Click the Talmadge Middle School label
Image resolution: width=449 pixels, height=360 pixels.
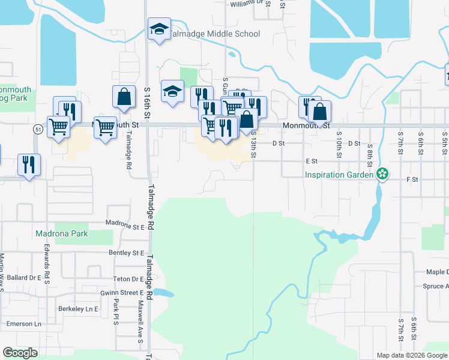(x=214, y=34)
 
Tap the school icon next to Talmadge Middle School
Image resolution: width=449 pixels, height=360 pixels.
(x=160, y=29)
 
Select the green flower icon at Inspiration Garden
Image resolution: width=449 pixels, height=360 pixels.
(x=382, y=175)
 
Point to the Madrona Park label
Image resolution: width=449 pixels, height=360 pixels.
(x=61, y=233)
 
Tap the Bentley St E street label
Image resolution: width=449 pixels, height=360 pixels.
(x=127, y=253)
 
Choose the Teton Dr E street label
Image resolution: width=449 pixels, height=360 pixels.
(x=128, y=279)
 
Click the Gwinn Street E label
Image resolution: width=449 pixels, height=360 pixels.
(x=122, y=293)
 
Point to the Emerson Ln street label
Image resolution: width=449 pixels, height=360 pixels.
(x=20, y=324)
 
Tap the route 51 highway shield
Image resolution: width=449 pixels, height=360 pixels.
(x=38, y=129)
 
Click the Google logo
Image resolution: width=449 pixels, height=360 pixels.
(x=20, y=353)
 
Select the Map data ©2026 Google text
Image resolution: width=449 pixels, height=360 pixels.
(x=412, y=355)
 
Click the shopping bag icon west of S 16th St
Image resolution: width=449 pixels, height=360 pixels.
(x=123, y=97)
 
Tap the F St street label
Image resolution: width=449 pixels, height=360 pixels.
(x=412, y=179)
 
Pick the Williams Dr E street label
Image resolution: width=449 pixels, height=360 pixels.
(x=247, y=3)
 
